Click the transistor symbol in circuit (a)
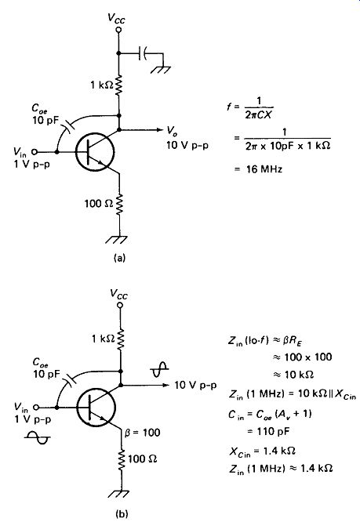(95, 152)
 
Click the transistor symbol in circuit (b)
(96, 408)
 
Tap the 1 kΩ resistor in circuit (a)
(118, 85)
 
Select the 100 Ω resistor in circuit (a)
(119, 204)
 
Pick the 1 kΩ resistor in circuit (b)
(120, 339)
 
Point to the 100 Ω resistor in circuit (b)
(121, 459)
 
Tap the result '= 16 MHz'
(258, 169)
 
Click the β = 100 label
(142, 433)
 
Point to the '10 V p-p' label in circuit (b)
(195, 385)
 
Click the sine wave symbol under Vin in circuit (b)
(38, 437)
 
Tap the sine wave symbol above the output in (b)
(159, 370)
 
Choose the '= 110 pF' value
(268, 432)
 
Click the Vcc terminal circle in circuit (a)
(118, 30)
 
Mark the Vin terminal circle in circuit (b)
(36, 407)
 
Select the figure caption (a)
(119, 257)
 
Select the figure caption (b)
(121, 513)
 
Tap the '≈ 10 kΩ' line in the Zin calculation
(293, 375)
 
